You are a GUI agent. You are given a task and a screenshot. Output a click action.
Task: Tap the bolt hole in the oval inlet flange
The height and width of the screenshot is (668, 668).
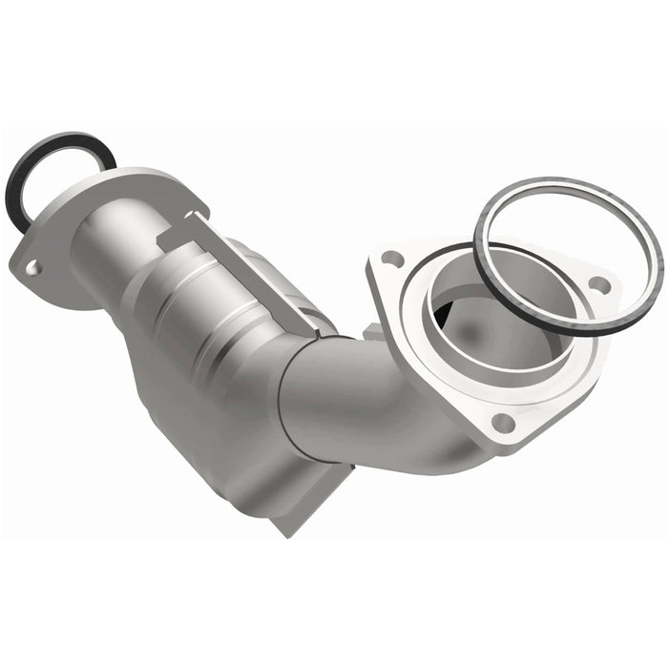32,268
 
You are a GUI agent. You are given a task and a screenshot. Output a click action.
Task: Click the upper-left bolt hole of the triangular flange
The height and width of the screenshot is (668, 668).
390,258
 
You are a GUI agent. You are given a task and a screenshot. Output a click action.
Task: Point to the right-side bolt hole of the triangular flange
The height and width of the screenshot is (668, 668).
598,284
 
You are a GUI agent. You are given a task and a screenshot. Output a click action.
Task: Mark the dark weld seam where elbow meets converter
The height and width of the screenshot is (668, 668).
285,401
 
